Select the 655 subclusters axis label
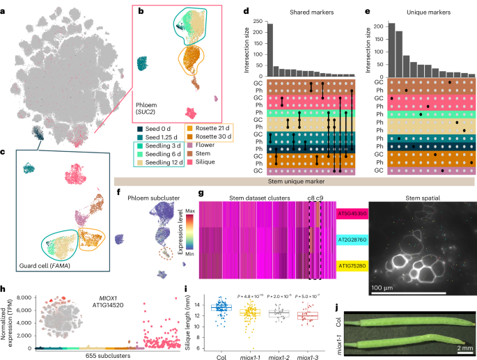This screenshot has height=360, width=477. click(100, 355)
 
